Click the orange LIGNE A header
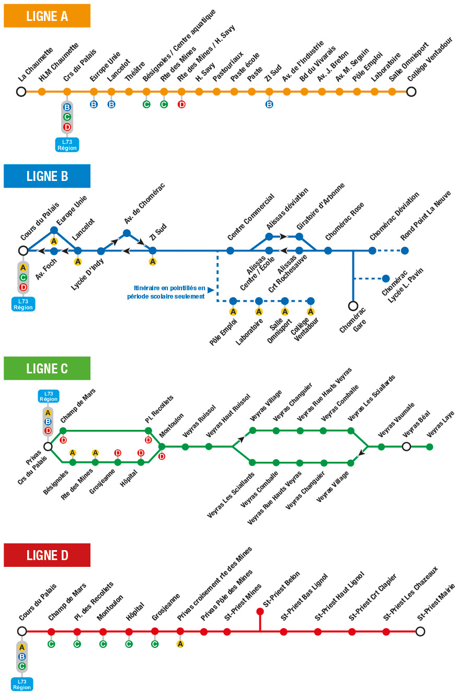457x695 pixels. pyautogui.click(x=47, y=16)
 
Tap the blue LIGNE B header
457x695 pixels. pyautogui.click(x=47, y=176)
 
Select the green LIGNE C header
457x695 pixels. pyautogui.click(x=47, y=368)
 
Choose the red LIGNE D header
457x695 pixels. pyautogui.click(x=47, y=555)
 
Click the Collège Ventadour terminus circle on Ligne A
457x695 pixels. pyautogui.click(x=412, y=92)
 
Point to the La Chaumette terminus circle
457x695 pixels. pyautogui.click(x=21, y=92)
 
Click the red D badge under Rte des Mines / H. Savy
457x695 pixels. pyautogui.click(x=181, y=104)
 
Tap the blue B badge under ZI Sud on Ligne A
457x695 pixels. pyautogui.click(x=269, y=104)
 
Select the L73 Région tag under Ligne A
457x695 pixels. pyautogui.click(x=67, y=145)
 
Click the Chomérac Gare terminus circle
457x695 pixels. pyautogui.click(x=353, y=305)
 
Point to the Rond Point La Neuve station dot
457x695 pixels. pyautogui.click(x=405, y=250)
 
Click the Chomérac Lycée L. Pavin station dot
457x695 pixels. pyautogui.click(x=386, y=278)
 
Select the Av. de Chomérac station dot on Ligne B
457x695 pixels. pyautogui.click(x=127, y=233)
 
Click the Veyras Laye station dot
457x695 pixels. pyautogui.click(x=430, y=447)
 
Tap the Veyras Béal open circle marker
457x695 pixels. pyautogui.click(x=406, y=447)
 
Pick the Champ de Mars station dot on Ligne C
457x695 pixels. pyautogui.click(x=63, y=431)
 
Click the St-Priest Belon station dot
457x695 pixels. pyautogui.click(x=260, y=611)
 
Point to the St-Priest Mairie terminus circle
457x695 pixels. pyautogui.click(x=420, y=631)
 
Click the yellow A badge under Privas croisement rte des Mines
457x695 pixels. pyautogui.click(x=180, y=644)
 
